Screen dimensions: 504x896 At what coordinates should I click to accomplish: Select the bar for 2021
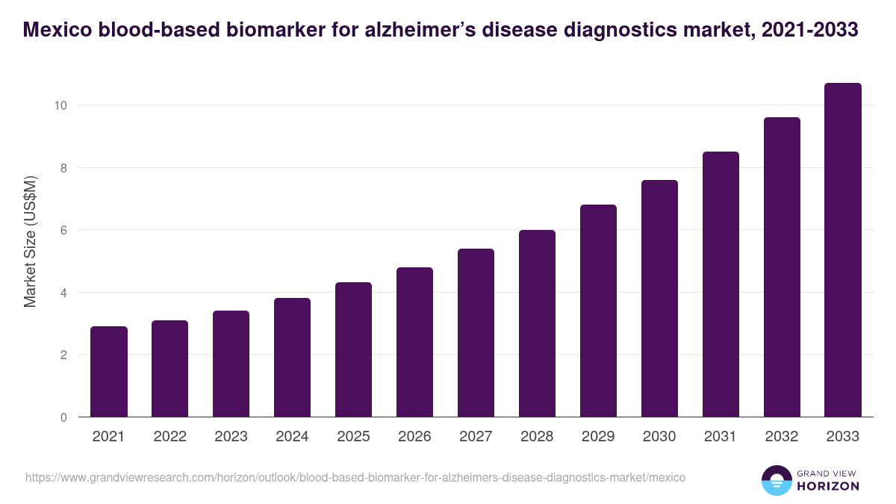click(109, 372)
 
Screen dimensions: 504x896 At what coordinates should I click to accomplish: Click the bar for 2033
click(843, 250)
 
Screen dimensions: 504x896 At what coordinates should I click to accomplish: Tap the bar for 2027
click(476, 333)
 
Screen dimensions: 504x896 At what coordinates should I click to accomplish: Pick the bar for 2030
click(659, 299)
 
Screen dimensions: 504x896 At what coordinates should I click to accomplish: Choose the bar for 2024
click(292, 358)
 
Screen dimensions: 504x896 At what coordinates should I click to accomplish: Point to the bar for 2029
click(598, 311)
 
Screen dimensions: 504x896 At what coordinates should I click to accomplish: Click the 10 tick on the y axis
click(60, 105)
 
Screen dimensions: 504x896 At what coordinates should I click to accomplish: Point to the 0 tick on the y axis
click(64, 417)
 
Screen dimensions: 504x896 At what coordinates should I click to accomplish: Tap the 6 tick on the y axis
click(64, 230)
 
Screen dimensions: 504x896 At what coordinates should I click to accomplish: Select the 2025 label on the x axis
click(353, 437)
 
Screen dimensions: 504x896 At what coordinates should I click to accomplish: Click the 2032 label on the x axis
click(782, 437)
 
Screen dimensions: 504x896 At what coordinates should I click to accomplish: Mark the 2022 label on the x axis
click(169, 437)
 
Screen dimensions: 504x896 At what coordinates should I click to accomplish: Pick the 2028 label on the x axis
click(537, 437)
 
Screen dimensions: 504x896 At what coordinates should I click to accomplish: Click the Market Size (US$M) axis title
click(30, 241)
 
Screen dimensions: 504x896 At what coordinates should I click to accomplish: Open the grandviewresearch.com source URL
click(355, 477)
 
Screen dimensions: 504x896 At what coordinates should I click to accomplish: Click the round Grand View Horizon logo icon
click(776, 480)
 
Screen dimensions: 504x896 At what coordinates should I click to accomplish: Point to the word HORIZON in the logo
click(828, 486)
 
